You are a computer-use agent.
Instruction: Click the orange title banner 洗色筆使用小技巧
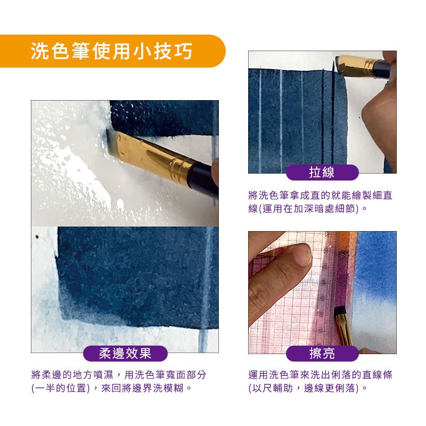[112, 51]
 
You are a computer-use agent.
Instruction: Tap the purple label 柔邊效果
[125, 354]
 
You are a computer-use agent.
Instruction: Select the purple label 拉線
[322, 172]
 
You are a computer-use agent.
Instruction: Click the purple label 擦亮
[322, 354]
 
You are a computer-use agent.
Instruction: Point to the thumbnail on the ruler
[302, 254]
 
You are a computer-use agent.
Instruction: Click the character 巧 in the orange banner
[184, 51]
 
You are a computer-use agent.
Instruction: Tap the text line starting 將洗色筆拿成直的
[321, 195]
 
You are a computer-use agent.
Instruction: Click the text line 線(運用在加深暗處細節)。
[308, 208]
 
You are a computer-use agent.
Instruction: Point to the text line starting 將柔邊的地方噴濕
[119, 375]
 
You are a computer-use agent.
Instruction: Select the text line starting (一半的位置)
[112, 388]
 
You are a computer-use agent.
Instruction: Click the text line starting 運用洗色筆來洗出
[321, 375]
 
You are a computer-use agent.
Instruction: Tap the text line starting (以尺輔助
[308, 388]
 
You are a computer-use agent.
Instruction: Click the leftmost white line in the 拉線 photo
[260, 119]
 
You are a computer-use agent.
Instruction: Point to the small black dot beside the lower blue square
[37, 237]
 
